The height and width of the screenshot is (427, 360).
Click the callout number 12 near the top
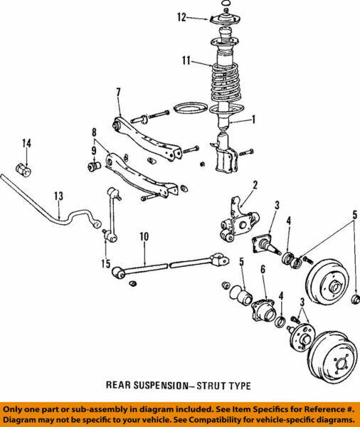tap(182, 16)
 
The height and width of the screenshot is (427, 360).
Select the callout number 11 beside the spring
tap(186, 62)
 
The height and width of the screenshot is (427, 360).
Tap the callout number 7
tap(118, 92)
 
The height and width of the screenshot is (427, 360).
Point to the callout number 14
tap(26, 144)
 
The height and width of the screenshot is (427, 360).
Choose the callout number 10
tap(144, 236)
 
